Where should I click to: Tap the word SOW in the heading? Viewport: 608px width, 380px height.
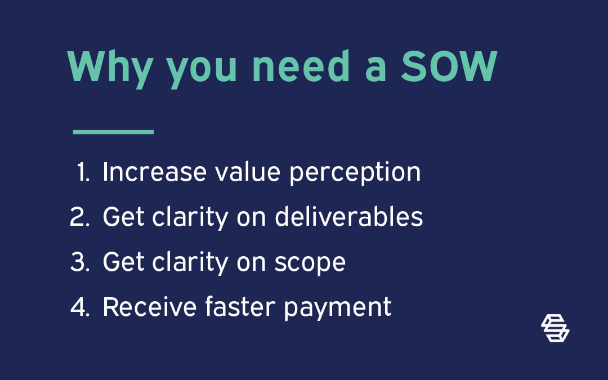coord(449,66)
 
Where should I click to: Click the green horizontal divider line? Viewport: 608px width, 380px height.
coord(113,132)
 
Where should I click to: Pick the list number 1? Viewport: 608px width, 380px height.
coord(83,172)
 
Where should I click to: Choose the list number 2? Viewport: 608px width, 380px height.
coord(79,217)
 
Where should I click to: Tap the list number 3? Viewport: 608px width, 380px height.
coord(80,262)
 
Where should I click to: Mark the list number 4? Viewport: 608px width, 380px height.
coord(80,307)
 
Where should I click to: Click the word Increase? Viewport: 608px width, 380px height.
coord(154,172)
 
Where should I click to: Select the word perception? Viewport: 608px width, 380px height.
coord(355,174)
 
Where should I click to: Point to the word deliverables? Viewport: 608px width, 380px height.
coord(348,216)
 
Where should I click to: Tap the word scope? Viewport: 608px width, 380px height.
coord(310,265)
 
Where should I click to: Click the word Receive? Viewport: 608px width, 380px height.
coord(150,307)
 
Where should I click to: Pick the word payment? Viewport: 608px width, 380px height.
coord(338,310)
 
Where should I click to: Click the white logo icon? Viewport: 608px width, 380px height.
coord(555,328)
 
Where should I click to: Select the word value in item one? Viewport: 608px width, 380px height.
coord(248,171)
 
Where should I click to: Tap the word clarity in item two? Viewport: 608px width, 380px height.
coord(190,218)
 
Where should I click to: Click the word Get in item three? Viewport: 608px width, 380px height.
coord(124,262)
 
